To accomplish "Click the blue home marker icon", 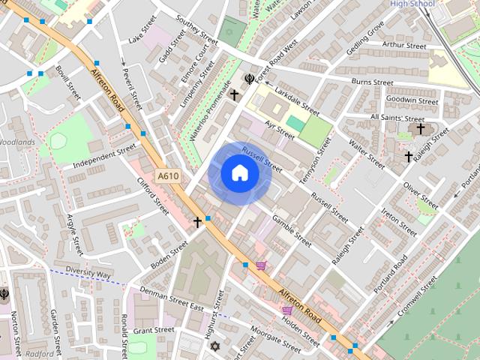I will [x=239, y=173].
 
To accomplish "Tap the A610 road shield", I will [x=167, y=175].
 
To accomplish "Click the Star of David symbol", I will [x=216, y=346].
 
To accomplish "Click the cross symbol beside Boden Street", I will [x=198, y=222].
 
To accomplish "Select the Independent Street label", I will [x=105, y=158].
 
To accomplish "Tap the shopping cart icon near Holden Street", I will [x=287, y=310].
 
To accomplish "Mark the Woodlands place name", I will [x=17, y=142].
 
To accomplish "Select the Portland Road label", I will [x=391, y=274].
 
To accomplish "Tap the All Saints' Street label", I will [x=397, y=118].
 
